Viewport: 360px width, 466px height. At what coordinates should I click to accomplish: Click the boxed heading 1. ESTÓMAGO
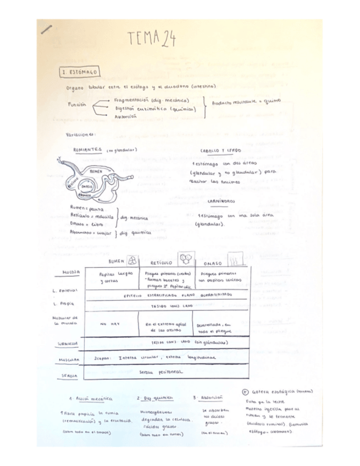(80, 71)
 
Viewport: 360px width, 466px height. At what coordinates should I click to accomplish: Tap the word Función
(77, 104)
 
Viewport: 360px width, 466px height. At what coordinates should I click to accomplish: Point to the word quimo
(273, 101)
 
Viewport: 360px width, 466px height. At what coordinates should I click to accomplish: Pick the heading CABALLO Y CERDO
(220, 150)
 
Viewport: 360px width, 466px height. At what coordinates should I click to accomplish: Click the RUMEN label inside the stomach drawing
(96, 171)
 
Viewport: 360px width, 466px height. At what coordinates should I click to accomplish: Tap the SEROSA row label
(70, 376)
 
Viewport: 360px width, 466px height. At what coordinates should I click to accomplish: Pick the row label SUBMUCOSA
(69, 343)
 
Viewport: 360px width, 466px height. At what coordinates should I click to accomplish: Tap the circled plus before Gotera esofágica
(246, 392)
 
